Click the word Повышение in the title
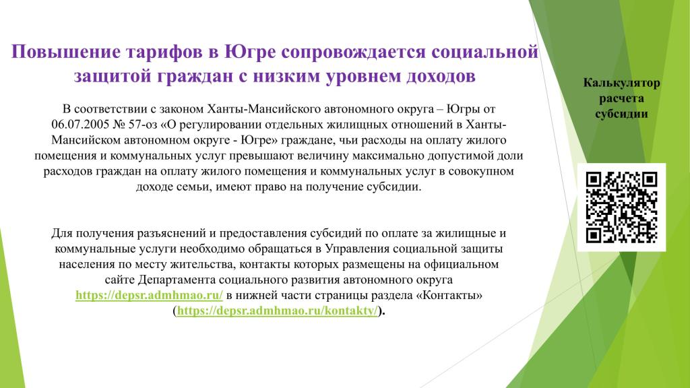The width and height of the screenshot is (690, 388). coord(66,52)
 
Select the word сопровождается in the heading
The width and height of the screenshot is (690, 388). coord(353,52)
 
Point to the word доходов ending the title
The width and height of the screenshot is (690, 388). coord(441,76)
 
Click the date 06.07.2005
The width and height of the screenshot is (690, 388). coord(80,125)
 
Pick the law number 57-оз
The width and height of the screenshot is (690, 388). coord(143,125)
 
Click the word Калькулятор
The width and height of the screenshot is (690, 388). coord(621,83)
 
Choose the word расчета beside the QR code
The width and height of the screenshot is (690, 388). coord(621,98)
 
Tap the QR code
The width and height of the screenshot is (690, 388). coord(621,207)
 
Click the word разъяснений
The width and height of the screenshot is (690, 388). coord(173,233)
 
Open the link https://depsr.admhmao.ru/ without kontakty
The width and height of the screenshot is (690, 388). coord(149,295)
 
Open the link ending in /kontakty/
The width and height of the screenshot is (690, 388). coord(278,311)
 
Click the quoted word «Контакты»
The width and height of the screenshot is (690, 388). coord(449,295)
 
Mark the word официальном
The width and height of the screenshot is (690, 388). coord(461,264)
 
